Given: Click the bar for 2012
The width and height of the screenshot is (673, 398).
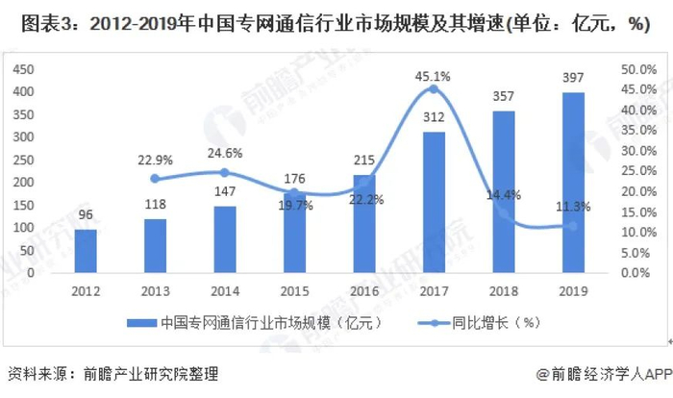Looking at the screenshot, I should coord(86,251).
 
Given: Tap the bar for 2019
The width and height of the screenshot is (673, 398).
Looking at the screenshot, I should coord(573,183).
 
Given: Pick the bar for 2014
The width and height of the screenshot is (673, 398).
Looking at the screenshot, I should coord(225,239).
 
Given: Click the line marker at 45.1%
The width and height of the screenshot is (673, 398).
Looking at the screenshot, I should coord(434,89).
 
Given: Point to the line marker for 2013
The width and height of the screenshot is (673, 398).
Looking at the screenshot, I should coord(155,179).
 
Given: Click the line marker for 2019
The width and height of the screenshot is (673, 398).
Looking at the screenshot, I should coord(573,226).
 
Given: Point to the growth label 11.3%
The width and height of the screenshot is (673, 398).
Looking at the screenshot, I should coord(573,207).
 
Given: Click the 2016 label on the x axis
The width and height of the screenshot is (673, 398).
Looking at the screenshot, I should coord(364,289).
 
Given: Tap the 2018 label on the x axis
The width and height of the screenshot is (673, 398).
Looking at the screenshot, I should coord(504,289).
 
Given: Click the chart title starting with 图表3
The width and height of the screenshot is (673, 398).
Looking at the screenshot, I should coord(336,23).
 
